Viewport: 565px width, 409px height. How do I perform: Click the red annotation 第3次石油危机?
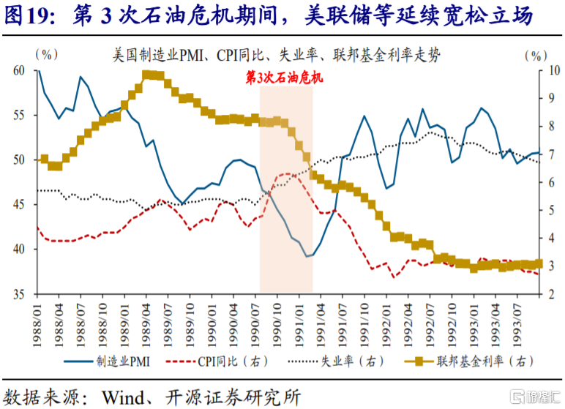coord(285,78)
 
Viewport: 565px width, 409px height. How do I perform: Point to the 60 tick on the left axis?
coord(20,70)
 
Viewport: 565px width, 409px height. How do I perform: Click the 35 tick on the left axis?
coord(20,294)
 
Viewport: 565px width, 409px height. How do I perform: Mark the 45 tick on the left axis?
coord(20,205)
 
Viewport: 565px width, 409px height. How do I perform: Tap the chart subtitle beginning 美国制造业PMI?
coord(282,54)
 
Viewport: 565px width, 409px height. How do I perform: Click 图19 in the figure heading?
coord(27,16)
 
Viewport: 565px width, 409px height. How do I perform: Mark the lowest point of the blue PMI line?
coord(307,256)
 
